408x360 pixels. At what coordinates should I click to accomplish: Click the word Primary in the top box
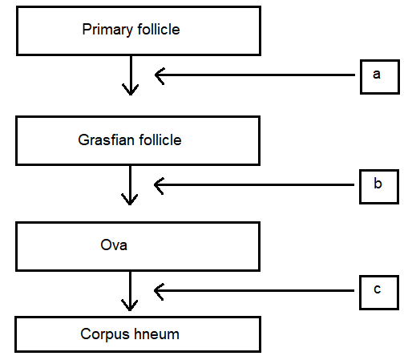(x=107, y=30)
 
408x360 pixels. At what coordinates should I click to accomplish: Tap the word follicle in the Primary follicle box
(x=159, y=29)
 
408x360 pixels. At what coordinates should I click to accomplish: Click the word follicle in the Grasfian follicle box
(x=160, y=140)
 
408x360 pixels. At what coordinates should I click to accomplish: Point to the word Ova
(x=114, y=245)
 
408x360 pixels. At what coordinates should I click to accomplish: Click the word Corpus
(x=105, y=335)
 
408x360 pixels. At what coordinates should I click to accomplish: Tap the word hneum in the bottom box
(x=156, y=334)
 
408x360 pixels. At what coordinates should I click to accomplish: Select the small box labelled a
(x=380, y=77)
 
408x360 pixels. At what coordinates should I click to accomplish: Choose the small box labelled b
(x=379, y=187)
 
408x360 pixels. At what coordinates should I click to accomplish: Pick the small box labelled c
(x=379, y=293)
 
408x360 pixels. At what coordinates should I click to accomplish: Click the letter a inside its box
(x=377, y=75)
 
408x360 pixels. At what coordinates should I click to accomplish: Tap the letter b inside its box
(x=378, y=183)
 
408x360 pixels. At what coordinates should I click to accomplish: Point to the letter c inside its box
(x=378, y=289)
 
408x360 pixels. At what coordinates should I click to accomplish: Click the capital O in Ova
(x=106, y=245)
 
